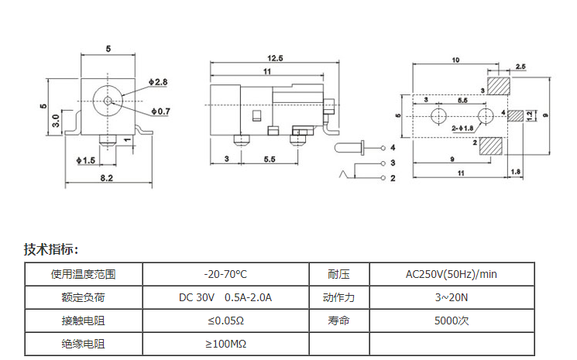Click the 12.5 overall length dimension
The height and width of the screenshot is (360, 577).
275,58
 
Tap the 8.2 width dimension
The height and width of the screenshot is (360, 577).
107,178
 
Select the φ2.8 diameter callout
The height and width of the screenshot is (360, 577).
158,82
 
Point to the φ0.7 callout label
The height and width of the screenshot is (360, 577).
161,111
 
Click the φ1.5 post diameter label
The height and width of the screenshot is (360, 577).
86,160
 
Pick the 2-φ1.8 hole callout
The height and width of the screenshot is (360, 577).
462,129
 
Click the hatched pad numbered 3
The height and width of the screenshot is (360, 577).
499,86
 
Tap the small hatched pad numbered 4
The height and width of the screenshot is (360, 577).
515,116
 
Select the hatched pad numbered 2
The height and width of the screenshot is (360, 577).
491,146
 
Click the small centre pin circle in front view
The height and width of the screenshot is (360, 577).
108,101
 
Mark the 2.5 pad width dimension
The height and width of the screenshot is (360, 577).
520,67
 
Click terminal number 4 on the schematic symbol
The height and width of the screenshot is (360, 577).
393,147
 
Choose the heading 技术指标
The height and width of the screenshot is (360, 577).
51,249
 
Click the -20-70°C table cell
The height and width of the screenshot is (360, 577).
225,274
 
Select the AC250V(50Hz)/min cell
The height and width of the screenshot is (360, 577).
452,274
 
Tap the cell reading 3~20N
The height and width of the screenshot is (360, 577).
452,297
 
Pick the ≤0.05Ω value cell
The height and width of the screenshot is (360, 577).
225,321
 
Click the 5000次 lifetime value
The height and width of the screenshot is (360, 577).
452,321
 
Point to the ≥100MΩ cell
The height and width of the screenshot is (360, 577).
225,344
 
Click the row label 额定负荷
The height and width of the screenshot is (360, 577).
83,297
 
